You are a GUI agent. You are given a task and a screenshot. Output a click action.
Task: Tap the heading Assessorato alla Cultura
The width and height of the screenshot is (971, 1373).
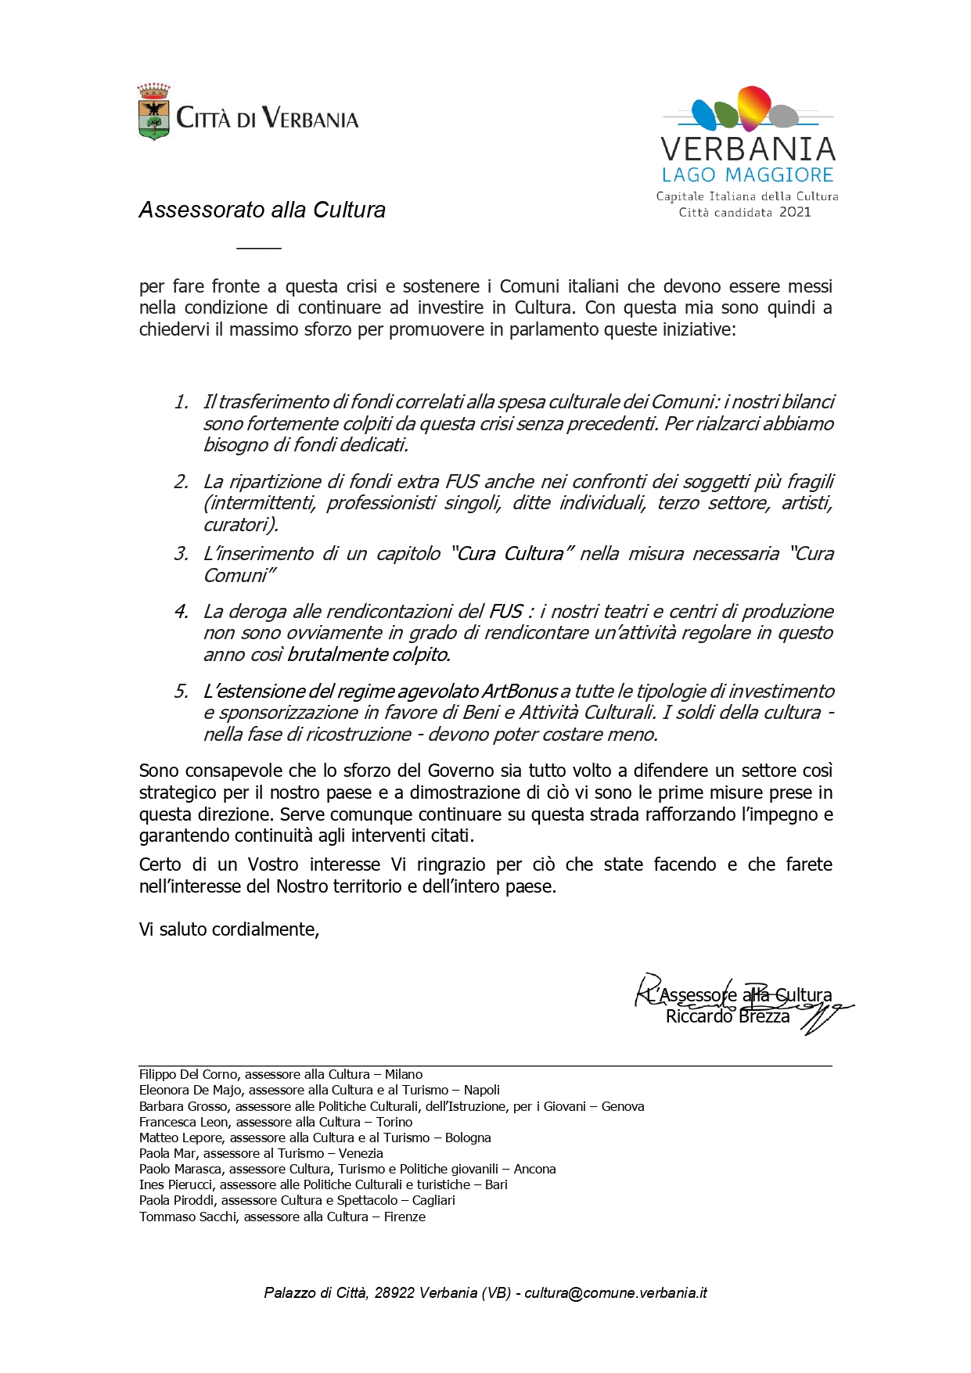click(x=262, y=210)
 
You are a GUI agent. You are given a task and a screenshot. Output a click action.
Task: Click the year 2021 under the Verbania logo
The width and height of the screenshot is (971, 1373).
click(x=795, y=212)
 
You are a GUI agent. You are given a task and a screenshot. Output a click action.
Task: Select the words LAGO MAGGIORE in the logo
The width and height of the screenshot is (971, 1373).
click(x=747, y=174)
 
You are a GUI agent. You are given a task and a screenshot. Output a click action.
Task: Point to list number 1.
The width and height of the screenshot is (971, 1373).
click(x=182, y=402)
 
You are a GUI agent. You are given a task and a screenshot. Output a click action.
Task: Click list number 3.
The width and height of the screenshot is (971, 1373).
click(x=182, y=554)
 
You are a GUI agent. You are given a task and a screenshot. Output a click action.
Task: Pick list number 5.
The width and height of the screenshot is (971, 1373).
click(x=182, y=692)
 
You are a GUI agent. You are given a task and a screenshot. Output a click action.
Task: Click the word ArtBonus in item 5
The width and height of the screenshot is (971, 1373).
click(x=520, y=692)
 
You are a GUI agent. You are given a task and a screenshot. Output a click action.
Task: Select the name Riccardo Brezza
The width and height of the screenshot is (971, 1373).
click(x=728, y=1016)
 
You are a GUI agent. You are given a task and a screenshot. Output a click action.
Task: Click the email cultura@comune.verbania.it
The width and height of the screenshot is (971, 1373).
click(x=616, y=1292)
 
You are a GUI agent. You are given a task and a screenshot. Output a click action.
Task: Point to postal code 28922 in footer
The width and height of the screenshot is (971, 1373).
click(x=394, y=1292)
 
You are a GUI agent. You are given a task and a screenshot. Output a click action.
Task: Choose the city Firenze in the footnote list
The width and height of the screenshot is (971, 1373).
click(x=405, y=1217)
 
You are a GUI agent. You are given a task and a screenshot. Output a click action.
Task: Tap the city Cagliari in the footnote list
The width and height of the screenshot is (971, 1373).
click(x=433, y=1200)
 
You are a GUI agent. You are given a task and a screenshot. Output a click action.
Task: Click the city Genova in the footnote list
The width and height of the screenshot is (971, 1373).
click(x=623, y=1106)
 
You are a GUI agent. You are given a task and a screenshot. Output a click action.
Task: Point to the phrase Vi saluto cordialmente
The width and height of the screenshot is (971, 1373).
click(x=228, y=929)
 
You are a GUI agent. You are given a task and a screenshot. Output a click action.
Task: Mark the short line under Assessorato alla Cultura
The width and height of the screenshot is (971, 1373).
click(x=258, y=248)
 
